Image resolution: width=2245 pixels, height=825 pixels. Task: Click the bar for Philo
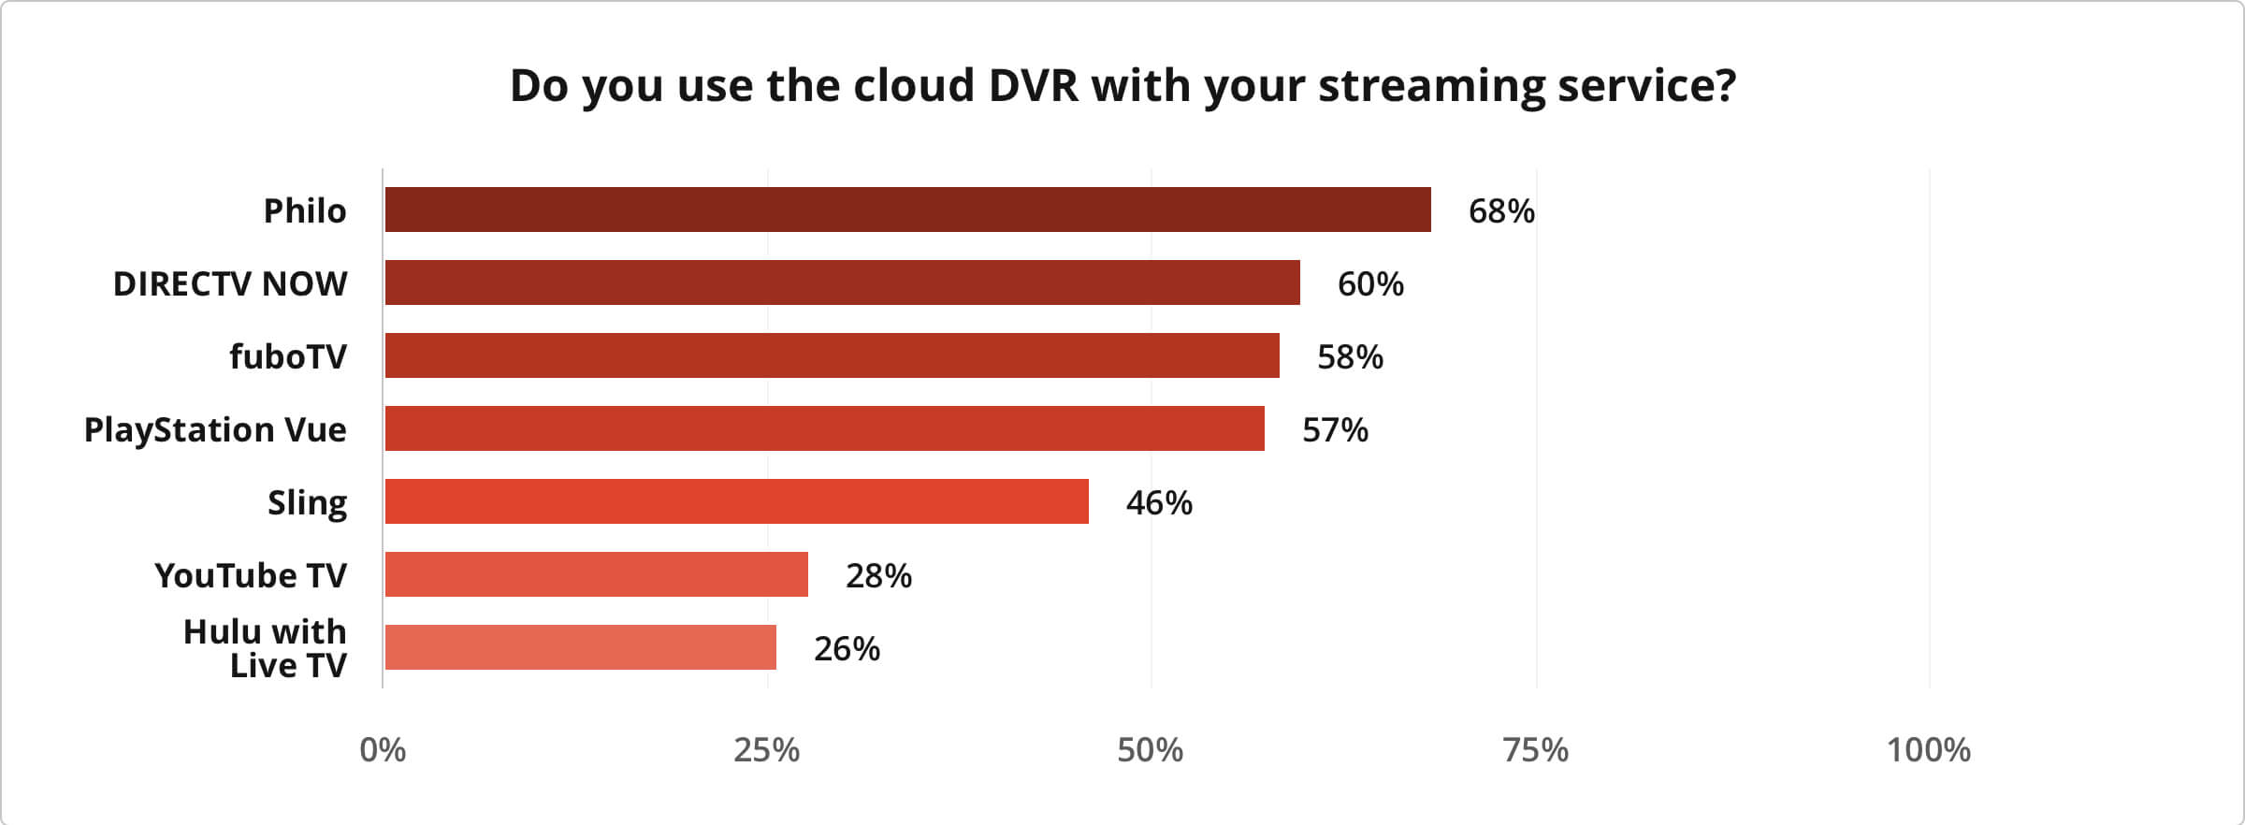(907, 210)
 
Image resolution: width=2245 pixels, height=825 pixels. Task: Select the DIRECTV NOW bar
(842, 282)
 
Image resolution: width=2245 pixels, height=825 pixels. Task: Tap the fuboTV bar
(832, 355)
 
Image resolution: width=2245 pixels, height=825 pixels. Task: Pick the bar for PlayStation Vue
(824, 428)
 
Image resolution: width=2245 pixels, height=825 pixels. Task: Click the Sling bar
(736, 501)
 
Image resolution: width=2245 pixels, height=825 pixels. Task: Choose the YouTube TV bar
(596, 574)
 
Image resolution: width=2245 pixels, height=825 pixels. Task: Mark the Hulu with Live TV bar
(580, 647)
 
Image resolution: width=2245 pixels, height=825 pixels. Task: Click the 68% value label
(1501, 211)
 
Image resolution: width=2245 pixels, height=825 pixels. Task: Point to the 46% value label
(1159, 503)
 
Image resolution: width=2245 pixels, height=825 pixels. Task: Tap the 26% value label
(847, 649)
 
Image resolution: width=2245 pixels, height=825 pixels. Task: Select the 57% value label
(1335, 430)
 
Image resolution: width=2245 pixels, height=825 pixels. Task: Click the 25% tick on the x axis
(766, 750)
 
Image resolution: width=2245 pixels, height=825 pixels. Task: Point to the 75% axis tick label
(1535, 750)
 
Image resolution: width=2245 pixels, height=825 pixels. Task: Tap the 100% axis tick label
(1928, 750)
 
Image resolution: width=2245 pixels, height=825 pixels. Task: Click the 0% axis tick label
(383, 750)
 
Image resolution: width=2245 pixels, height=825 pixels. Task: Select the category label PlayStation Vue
(215, 430)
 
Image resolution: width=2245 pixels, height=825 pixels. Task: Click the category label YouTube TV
(250, 576)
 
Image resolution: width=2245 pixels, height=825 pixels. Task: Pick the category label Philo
(304, 211)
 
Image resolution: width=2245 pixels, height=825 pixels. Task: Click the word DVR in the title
(1032, 86)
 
